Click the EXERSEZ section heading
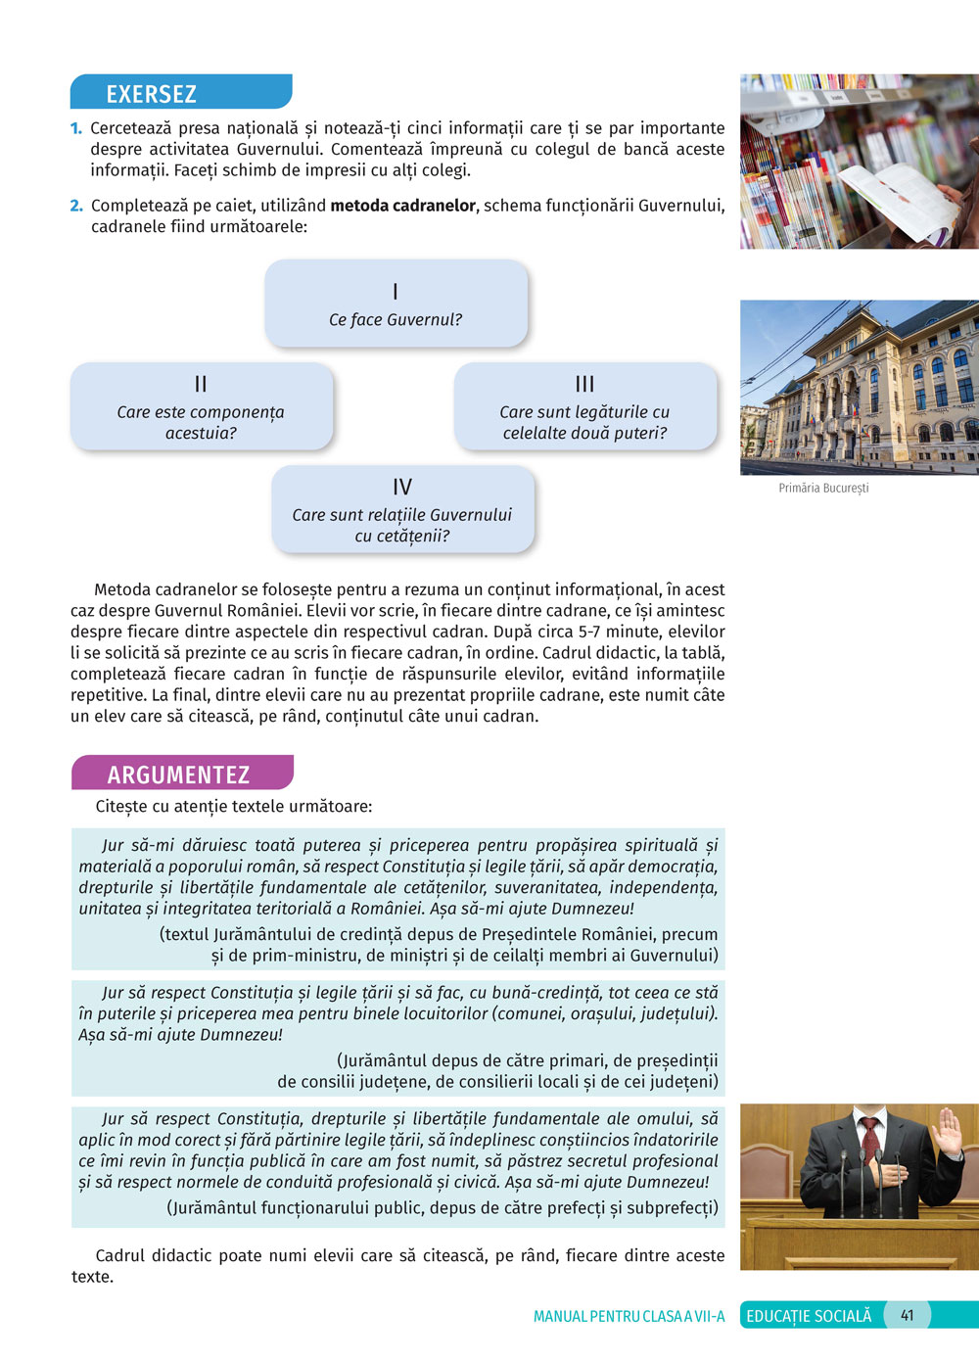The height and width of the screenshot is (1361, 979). click(x=152, y=94)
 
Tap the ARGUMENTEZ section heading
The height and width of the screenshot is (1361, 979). click(x=178, y=774)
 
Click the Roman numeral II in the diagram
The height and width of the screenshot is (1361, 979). click(x=201, y=384)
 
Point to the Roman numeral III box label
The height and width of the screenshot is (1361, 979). click(x=584, y=384)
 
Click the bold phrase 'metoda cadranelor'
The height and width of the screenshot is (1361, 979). click(x=402, y=206)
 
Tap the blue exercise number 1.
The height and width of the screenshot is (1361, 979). click(x=76, y=128)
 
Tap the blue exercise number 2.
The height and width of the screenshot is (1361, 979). click(x=76, y=206)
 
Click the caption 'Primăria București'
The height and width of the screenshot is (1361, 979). click(x=823, y=488)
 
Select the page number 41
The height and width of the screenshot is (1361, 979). click(x=907, y=1315)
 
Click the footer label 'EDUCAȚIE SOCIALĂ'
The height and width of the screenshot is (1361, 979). click(x=809, y=1316)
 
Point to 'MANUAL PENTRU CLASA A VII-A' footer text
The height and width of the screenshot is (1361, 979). click(x=629, y=1316)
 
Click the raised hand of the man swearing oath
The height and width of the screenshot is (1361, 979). click(x=947, y=1131)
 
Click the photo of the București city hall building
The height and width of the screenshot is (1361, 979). click(x=859, y=387)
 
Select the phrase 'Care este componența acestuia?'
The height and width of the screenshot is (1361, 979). click(x=201, y=422)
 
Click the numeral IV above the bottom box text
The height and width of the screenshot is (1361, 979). click(x=402, y=487)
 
